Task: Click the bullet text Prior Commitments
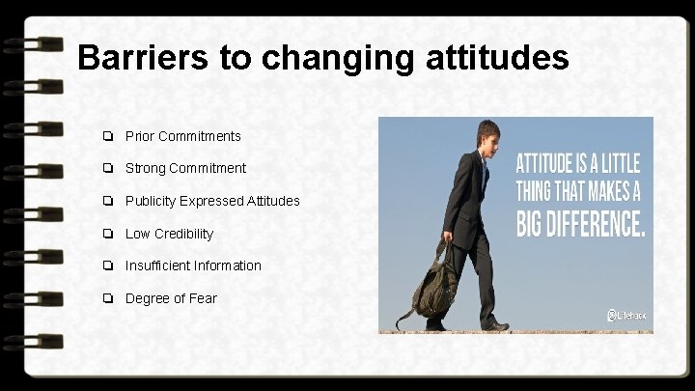coord(183,136)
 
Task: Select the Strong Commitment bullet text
coord(185,168)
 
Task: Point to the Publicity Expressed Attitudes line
coord(212,201)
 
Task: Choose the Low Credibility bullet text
coord(169,234)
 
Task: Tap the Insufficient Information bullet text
coord(193,265)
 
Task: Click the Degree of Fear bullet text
coord(171,298)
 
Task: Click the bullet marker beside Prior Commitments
coord(112,136)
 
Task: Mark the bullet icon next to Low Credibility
coord(112,234)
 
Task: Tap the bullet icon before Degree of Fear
coord(112,298)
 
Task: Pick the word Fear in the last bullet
coord(203,298)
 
